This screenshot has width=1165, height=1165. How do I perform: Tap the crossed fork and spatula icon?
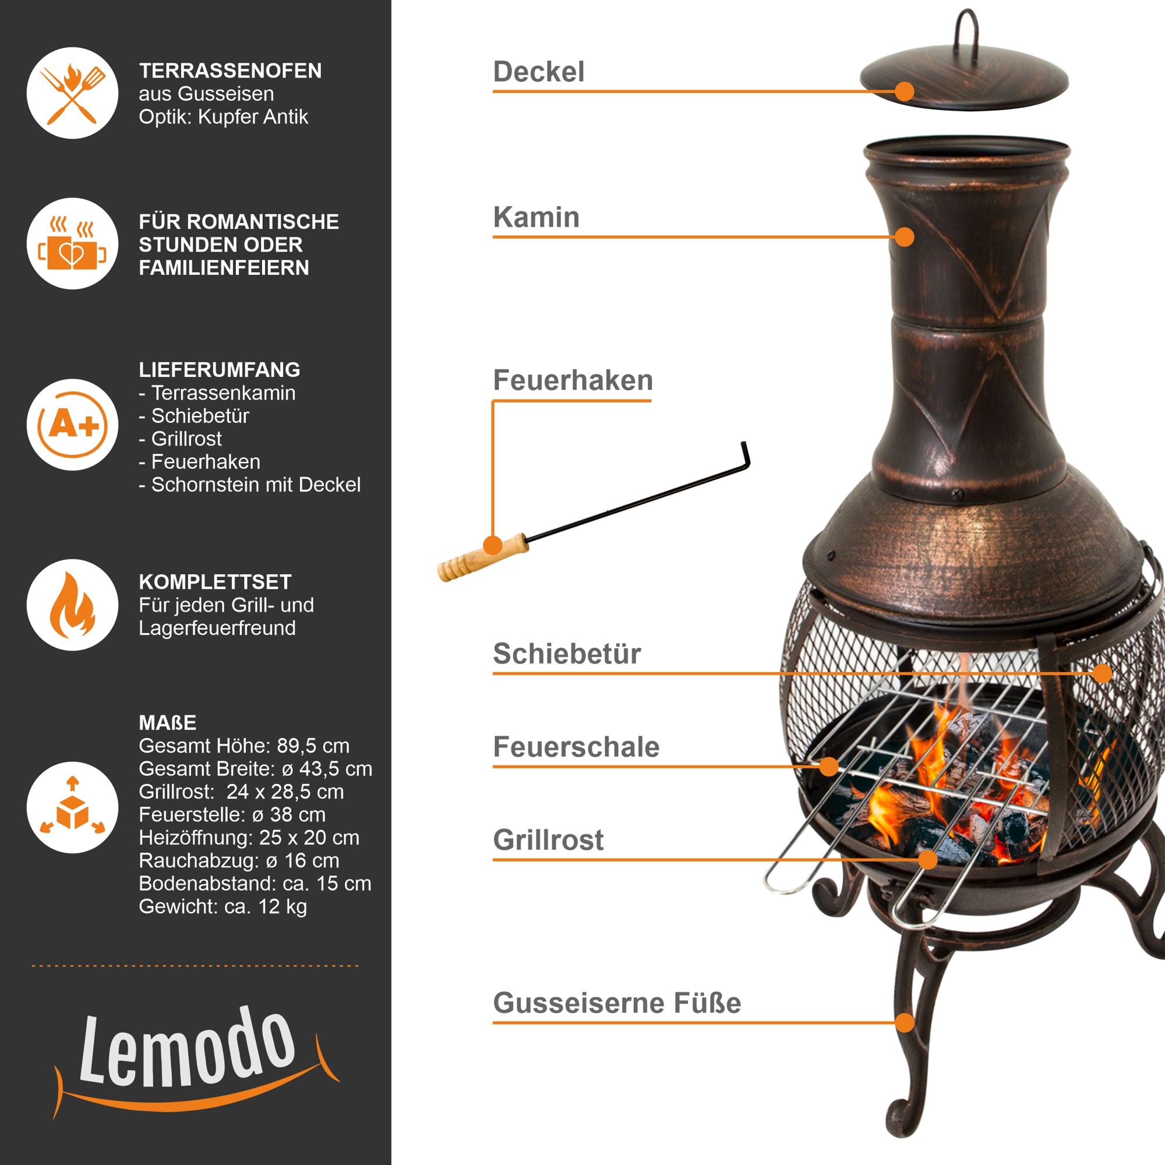(x=72, y=93)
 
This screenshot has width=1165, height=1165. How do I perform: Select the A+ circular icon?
(x=72, y=425)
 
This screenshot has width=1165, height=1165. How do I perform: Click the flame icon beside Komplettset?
(x=72, y=605)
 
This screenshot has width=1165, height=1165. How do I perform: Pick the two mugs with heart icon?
(x=72, y=243)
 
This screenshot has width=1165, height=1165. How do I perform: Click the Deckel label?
(x=538, y=72)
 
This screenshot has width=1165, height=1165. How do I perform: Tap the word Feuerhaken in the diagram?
(x=573, y=380)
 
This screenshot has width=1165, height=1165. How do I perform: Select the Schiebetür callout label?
(x=567, y=654)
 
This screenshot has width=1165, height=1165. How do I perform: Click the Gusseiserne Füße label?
(x=617, y=1003)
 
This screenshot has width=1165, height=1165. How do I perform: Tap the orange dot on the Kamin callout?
(x=905, y=237)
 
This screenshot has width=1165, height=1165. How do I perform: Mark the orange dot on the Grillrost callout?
(x=928, y=859)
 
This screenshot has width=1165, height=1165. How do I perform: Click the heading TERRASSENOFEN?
(x=230, y=70)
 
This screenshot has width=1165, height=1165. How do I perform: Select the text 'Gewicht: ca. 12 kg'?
(x=223, y=906)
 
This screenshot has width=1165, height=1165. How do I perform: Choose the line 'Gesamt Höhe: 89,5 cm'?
(x=244, y=746)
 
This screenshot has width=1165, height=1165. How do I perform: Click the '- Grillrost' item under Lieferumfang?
(x=181, y=439)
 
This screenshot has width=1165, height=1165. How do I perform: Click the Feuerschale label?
(x=577, y=747)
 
